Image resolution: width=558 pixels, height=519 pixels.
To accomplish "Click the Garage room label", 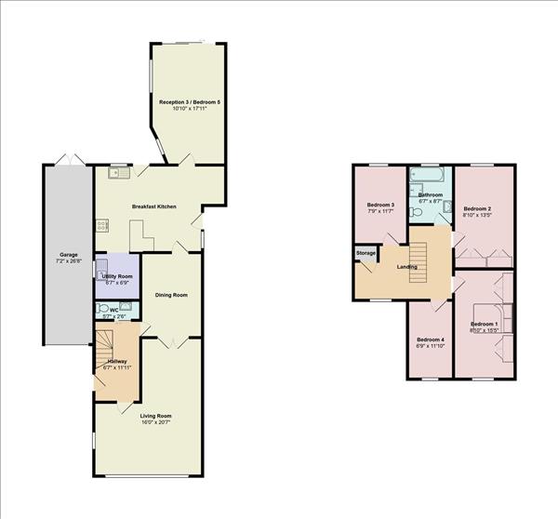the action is (x=68, y=255).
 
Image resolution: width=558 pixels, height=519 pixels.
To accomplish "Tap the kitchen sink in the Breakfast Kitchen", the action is (x=119, y=173).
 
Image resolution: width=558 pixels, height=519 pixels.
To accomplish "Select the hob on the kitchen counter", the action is (x=102, y=226).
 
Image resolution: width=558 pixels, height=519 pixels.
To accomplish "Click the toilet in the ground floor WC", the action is (x=102, y=308).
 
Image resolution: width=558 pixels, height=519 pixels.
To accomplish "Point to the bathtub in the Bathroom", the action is (x=427, y=175).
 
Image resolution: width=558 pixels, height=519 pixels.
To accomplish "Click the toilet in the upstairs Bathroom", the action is (x=416, y=212).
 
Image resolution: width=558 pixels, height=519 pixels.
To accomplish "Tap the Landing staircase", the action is (x=418, y=262).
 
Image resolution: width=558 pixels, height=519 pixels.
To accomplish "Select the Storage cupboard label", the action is (x=365, y=253).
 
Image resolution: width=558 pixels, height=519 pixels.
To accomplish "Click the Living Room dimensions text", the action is (x=156, y=422).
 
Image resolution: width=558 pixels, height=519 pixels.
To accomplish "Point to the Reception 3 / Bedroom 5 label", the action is (x=190, y=102).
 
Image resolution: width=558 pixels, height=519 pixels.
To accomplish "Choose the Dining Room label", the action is (x=171, y=295).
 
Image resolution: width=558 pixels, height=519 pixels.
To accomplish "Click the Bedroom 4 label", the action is (x=431, y=339).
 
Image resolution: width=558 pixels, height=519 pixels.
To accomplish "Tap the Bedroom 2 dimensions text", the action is (x=477, y=215).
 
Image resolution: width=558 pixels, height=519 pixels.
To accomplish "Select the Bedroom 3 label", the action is (x=380, y=205).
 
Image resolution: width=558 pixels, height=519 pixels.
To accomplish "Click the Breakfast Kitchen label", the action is (x=154, y=206).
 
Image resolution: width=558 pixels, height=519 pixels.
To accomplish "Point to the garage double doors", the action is (x=70, y=159).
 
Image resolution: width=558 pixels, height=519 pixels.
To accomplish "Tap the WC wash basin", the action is (x=126, y=306).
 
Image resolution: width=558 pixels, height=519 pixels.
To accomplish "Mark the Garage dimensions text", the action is (x=69, y=261).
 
